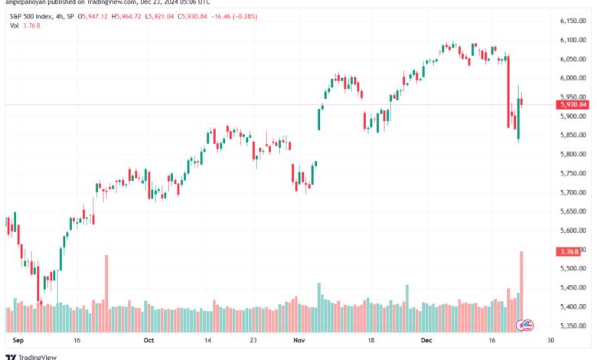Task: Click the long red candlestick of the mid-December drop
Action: [508, 91]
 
